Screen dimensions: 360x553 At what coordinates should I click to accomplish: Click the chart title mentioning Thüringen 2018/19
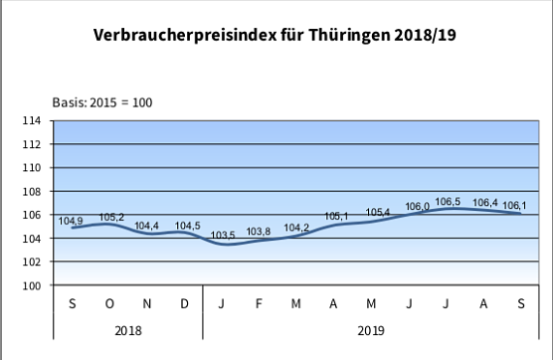tap(276, 38)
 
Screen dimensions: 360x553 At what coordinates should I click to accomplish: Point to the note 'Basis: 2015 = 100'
tap(102, 102)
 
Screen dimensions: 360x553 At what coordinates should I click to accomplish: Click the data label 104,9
tap(72, 221)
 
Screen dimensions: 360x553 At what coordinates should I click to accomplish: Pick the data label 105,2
tap(110, 217)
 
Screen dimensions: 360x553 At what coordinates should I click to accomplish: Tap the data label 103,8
tap(260, 232)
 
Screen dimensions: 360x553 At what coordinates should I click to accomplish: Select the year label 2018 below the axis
tap(127, 329)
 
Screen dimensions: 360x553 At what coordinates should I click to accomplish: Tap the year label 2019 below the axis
tap(371, 329)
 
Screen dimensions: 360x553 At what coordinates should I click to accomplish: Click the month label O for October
tap(109, 302)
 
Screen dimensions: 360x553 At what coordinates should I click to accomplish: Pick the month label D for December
tap(185, 302)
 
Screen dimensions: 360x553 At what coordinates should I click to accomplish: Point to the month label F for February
tap(260, 302)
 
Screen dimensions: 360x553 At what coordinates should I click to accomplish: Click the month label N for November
tap(147, 302)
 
